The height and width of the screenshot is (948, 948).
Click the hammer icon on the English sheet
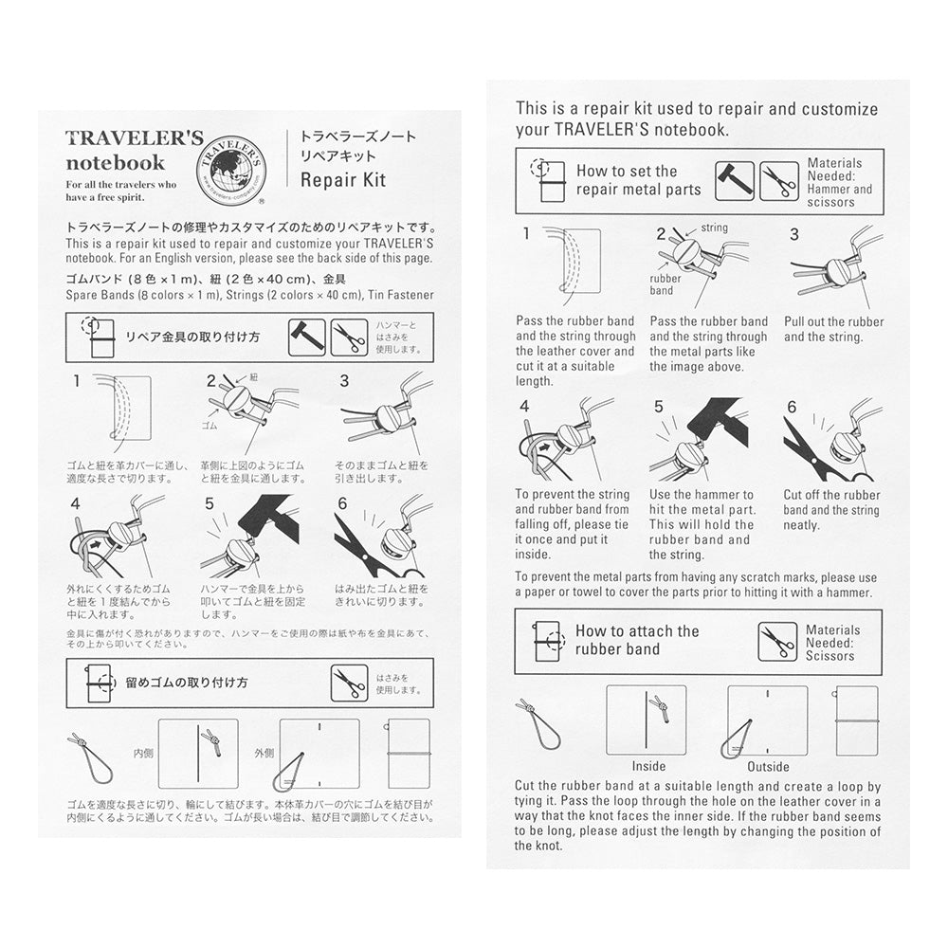(x=734, y=180)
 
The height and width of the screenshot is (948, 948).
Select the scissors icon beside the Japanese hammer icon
(x=349, y=337)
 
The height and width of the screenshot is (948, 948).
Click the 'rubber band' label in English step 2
(x=666, y=284)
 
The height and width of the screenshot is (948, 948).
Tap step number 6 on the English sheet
(x=792, y=409)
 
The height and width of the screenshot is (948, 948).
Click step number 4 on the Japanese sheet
(x=75, y=503)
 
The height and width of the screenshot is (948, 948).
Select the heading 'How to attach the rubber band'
(x=637, y=640)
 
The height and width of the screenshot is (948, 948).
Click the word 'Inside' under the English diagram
(x=648, y=766)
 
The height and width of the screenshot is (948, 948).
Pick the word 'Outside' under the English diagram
(x=768, y=766)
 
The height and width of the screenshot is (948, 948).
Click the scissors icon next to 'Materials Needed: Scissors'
(x=777, y=642)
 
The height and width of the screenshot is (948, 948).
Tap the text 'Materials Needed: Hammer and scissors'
(x=840, y=182)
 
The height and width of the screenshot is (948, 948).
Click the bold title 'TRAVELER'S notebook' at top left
(x=133, y=150)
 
